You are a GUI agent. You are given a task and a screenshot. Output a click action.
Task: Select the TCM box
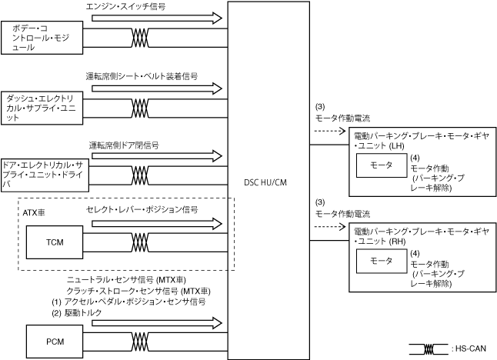[55, 242]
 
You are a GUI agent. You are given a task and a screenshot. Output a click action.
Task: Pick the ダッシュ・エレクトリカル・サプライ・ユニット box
[42, 107]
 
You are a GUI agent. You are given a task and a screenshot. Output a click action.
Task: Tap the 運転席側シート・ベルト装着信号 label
[142, 76]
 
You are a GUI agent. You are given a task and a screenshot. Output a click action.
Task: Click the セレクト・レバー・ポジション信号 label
[142, 209]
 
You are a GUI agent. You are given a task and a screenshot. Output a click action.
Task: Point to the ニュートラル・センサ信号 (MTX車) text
[133, 281]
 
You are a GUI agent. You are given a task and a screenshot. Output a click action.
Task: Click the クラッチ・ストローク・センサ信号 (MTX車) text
[139, 292]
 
